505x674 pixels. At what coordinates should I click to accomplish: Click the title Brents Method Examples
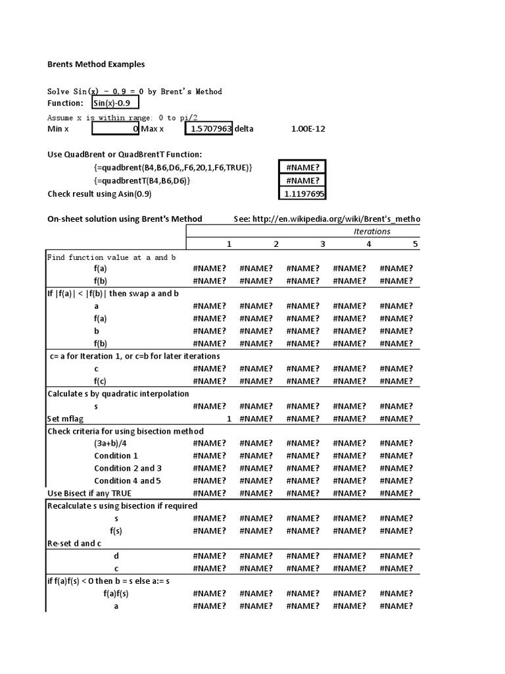tap(96, 65)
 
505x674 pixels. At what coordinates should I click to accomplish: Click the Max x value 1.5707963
tap(209, 129)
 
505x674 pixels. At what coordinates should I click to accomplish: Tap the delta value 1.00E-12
tap(308, 129)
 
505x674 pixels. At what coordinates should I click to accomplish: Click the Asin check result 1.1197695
tap(303, 194)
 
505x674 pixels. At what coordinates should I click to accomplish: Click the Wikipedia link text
tap(327, 219)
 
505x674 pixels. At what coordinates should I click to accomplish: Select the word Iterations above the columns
tap(372, 231)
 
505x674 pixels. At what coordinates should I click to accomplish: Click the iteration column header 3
tap(322, 244)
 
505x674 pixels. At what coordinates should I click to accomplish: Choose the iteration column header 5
tap(415, 244)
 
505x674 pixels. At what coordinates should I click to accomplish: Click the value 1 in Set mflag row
tap(229, 419)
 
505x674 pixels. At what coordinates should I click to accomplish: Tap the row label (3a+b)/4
tap(110, 443)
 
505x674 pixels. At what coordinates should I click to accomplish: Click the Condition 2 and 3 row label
tap(128, 468)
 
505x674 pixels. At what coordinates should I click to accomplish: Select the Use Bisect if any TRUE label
tap(89, 493)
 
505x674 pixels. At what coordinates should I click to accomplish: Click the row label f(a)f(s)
tap(116, 593)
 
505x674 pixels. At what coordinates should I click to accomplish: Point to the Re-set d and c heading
tap(74, 543)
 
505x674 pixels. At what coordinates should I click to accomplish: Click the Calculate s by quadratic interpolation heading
tap(118, 394)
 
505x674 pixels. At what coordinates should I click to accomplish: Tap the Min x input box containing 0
tap(115, 129)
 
